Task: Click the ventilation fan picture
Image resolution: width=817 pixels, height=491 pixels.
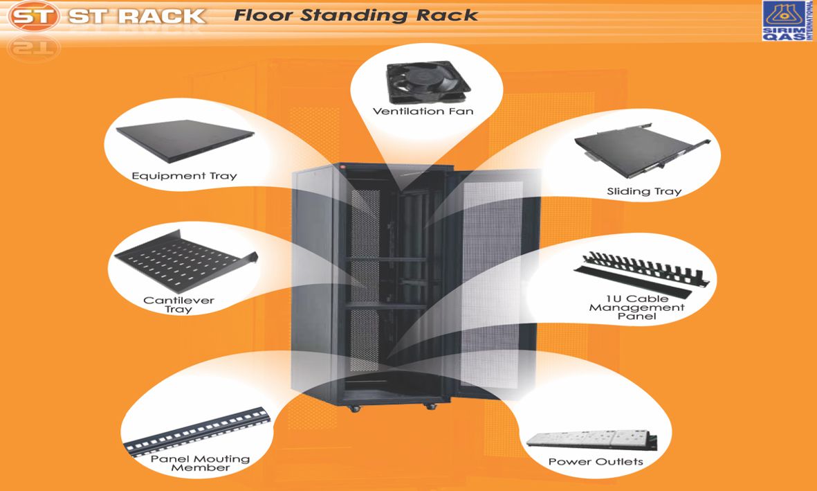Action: (428, 82)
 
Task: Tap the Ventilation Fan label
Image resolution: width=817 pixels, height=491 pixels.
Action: (423, 111)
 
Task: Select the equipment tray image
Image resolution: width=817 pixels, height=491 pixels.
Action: (185, 140)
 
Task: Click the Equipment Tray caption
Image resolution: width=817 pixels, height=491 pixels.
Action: (184, 176)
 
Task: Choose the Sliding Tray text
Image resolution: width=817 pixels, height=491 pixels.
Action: (644, 192)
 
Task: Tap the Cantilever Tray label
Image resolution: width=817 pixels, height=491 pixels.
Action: (178, 305)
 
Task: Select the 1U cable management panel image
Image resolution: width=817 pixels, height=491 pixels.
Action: (641, 274)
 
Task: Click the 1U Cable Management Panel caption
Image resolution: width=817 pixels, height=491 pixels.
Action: (636, 307)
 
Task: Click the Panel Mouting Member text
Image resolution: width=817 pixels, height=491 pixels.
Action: (200, 463)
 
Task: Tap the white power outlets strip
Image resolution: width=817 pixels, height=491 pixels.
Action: (591, 439)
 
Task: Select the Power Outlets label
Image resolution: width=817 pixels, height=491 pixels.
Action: (596, 462)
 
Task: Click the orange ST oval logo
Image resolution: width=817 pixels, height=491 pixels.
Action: (33, 16)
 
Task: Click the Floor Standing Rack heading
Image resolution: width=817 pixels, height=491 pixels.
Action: (356, 15)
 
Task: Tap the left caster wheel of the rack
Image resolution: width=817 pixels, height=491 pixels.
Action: (356, 408)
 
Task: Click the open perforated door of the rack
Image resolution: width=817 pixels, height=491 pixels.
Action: (493, 282)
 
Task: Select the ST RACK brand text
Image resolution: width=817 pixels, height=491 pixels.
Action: (136, 16)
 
